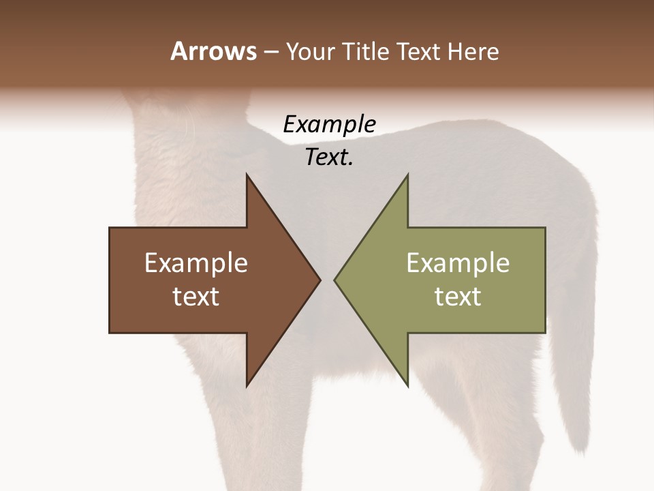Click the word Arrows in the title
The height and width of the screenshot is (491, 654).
(x=213, y=51)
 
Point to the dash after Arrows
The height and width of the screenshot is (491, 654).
(x=270, y=53)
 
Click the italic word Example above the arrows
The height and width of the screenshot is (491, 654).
(x=329, y=125)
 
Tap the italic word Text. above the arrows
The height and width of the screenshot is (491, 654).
(x=329, y=158)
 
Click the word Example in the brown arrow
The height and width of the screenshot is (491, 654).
(x=196, y=263)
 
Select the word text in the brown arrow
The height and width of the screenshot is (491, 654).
(x=196, y=297)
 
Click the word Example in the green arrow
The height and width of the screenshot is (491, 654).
(x=458, y=263)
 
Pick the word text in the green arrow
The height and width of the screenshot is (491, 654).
(x=458, y=297)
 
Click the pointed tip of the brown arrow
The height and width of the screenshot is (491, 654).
(x=319, y=280)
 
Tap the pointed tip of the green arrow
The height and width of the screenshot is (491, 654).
(x=336, y=280)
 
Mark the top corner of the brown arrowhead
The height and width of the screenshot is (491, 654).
(x=247, y=176)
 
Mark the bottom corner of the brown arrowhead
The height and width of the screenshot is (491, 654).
(x=247, y=385)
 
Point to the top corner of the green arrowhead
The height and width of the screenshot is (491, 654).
(x=407, y=176)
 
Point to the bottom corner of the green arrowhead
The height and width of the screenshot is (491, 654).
(x=407, y=385)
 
